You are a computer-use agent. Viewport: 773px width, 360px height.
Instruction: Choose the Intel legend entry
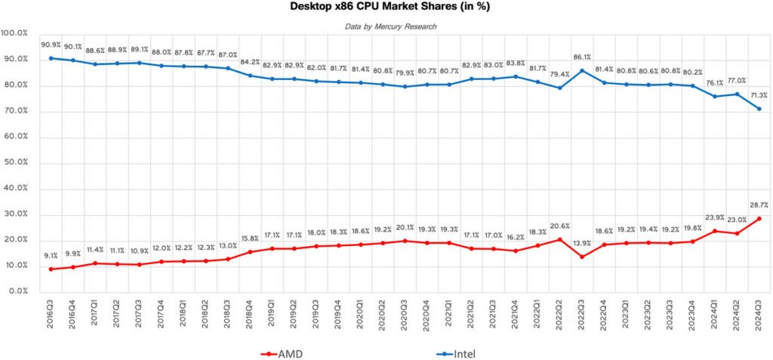click(456, 354)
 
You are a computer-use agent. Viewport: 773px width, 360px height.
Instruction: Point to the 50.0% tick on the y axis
click(14, 164)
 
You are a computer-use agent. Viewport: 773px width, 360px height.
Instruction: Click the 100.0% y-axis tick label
click(14, 33)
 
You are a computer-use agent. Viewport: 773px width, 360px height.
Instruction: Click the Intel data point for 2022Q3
click(582, 70)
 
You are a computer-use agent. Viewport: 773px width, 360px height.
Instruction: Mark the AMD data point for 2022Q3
click(582, 257)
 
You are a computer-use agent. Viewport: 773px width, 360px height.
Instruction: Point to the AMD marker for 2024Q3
click(759, 218)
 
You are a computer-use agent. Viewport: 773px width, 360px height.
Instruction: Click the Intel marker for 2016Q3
click(51, 58)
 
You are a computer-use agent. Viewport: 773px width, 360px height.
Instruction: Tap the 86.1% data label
click(582, 57)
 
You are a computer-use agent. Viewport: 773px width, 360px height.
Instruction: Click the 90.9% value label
click(51, 45)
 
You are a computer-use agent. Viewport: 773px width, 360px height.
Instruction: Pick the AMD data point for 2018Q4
click(250, 252)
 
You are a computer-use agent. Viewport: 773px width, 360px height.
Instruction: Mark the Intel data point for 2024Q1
click(715, 97)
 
